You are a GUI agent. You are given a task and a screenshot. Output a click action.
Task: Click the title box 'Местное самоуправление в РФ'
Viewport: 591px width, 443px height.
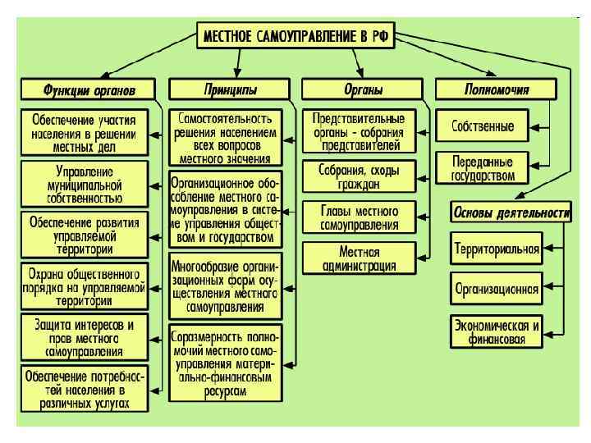click(x=300, y=38)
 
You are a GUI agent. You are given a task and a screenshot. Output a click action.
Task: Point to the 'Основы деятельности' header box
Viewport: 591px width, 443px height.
click(x=510, y=212)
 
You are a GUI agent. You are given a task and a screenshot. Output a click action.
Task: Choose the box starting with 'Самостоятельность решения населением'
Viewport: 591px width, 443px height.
click(x=226, y=135)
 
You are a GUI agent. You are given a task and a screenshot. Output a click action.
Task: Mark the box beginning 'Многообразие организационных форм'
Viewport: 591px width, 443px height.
click(x=226, y=287)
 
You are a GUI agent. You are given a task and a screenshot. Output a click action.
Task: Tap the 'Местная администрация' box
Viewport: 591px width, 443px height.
click(x=359, y=257)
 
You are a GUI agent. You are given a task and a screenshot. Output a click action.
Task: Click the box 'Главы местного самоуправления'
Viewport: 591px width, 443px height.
click(x=359, y=217)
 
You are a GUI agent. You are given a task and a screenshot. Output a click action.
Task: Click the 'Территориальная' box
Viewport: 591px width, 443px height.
click(x=497, y=248)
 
